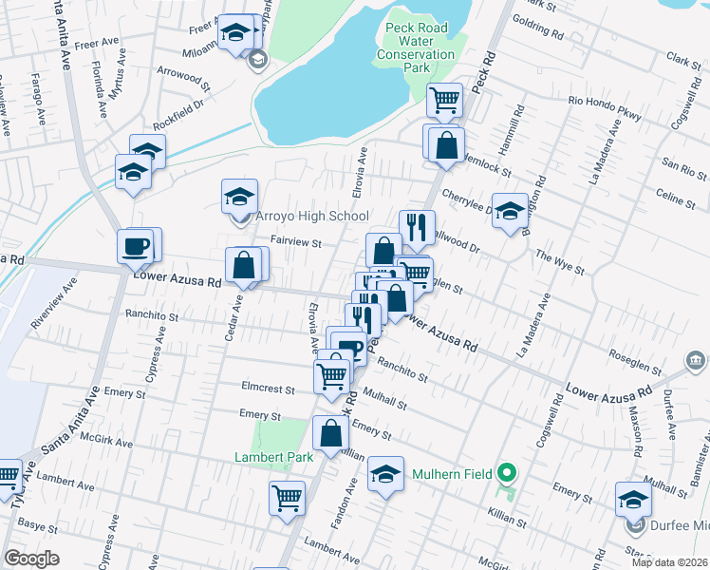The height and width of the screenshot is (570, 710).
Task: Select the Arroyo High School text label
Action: pyautogui.click(x=311, y=217)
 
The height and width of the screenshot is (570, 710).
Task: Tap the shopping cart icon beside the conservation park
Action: pyautogui.click(x=444, y=99)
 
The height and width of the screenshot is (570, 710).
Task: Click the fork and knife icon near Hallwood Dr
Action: pyautogui.click(x=417, y=227)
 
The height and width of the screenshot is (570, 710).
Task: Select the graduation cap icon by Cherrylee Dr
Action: pyautogui.click(x=510, y=211)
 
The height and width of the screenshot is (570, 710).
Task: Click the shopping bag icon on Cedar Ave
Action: pyautogui.click(x=244, y=265)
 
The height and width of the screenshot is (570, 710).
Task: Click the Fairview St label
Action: pyautogui.click(x=297, y=243)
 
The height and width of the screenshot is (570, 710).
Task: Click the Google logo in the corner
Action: pyautogui.click(x=31, y=559)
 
